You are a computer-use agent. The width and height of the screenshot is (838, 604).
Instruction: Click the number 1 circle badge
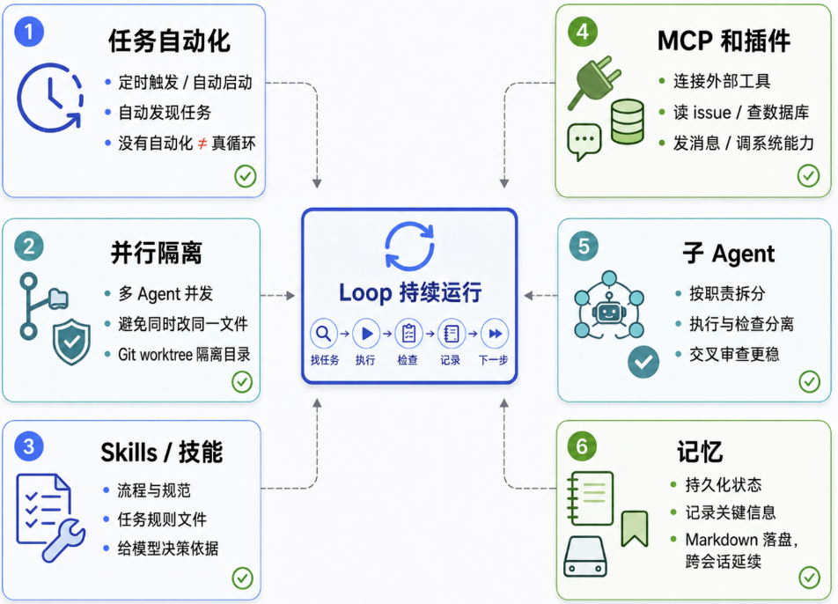29,32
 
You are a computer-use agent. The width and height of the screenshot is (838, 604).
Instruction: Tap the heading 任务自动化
169,41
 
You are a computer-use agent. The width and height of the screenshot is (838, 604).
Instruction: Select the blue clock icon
50,98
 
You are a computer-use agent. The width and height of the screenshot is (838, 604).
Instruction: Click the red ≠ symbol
202,144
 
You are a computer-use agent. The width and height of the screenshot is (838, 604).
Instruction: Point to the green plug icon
595,81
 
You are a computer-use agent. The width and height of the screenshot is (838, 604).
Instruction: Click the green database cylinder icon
628,122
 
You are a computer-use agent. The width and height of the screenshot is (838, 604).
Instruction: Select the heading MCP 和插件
724,41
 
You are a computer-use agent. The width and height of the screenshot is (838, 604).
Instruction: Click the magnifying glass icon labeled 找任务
324,334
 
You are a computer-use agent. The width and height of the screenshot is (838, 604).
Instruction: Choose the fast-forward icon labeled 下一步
495,334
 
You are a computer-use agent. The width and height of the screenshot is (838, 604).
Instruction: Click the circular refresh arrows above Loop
409,246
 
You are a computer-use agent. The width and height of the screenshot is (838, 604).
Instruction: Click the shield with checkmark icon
71,343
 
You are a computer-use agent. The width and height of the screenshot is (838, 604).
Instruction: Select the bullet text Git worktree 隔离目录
184,354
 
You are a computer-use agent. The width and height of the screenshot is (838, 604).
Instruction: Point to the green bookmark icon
635,528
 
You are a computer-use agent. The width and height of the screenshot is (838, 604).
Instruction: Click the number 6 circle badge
582,446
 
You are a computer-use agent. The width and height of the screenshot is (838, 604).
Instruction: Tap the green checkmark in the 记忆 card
810,578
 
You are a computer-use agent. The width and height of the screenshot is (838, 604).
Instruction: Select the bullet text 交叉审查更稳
734,354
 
